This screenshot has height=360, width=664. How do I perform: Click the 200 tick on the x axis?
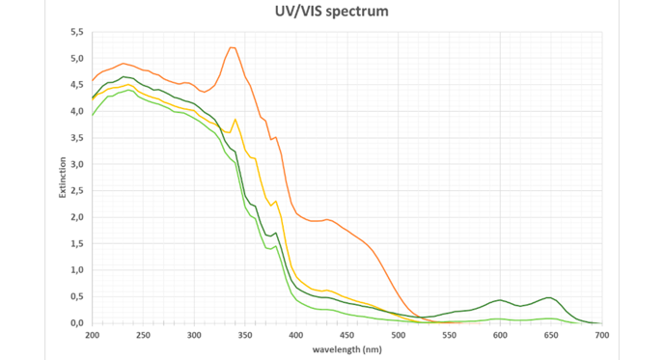tap(93, 335)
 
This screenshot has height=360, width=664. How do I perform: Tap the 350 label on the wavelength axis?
tap(245, 335)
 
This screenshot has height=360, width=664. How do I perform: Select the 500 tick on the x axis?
tap(399, 335)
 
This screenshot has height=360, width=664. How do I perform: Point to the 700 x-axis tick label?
tap(602, 335)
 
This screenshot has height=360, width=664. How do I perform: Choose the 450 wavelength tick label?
tap(347, 335)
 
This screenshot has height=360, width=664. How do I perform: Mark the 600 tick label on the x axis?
tap(500, 335)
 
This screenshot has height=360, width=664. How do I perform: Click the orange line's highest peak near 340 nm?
tap(232, 47)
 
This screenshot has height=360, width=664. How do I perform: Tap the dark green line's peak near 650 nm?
tap(549, 297)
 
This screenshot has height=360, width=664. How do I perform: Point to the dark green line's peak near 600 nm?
tap(500, 300)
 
